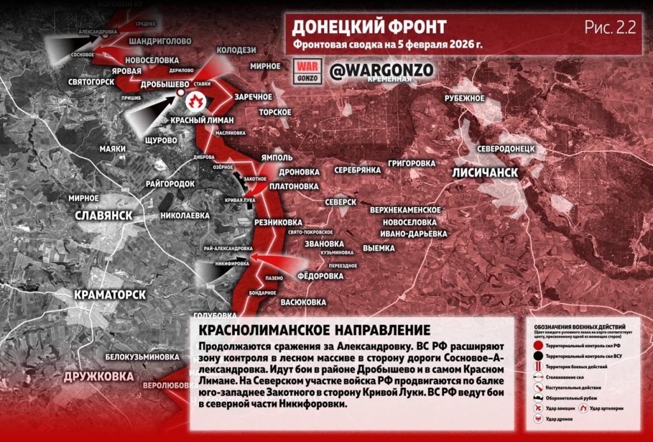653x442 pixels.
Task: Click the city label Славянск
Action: (103, 215)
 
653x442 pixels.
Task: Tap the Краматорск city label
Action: (110, 294)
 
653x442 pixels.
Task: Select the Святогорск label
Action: (91, 82)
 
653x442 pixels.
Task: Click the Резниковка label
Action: (277, 222)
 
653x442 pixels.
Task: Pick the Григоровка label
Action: (411, 163)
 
